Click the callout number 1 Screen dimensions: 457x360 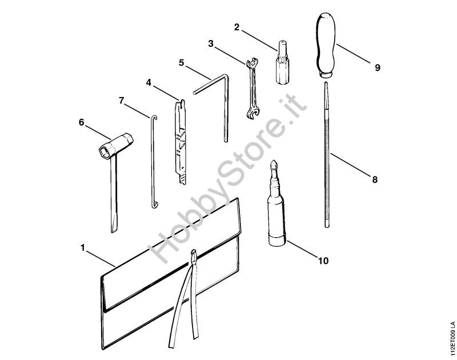(x=83, y=248)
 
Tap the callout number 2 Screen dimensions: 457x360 (x=236, y=27)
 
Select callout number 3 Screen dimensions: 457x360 (x=211, y=44)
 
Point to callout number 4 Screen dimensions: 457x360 (x=149, y=83)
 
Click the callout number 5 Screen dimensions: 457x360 (x=182, y=63)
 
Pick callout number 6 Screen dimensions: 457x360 (x=81, y=122)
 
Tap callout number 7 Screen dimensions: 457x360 (x=122, y=101)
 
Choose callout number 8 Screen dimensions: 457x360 (x=375, y=179)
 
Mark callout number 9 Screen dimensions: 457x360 (x=378, y=67)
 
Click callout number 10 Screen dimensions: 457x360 (x=323, y=261)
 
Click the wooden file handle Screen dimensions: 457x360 (x=325, y=45)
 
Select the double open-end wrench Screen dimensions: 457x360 (x=252, y=89)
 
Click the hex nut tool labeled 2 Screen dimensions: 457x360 (x=282, y=62)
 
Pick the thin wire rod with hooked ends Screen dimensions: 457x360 (x=153, y=162)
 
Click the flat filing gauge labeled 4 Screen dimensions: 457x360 (x=181, y=142)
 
